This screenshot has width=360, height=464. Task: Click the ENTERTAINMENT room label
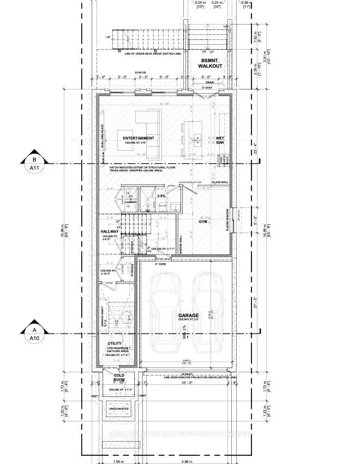click(139, 138)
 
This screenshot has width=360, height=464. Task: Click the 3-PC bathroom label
click(161, 195)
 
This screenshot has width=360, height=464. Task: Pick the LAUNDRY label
click(130, 203)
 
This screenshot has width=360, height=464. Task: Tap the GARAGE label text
click(187, 316)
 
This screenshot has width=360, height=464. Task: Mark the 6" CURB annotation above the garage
click(161, 264)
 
